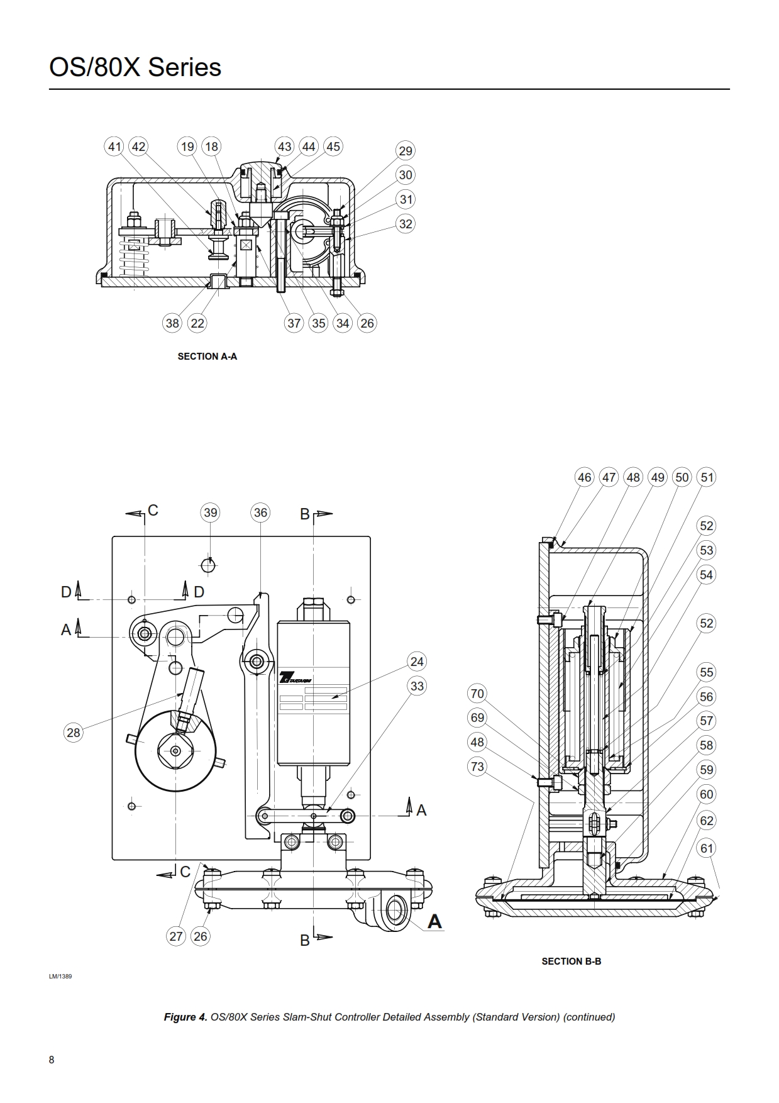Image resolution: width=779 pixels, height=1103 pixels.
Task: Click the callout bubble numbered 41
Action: [114, 147]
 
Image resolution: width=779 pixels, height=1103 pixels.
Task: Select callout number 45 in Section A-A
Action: [333, 147]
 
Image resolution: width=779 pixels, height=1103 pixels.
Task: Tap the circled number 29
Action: [406, 151]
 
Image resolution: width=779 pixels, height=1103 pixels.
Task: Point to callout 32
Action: [406, 224]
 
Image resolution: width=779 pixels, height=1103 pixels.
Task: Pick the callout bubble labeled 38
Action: [172, 323]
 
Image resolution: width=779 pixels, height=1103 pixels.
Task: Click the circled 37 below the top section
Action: [294, 323]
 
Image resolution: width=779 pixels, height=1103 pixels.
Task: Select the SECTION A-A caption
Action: [207, 357]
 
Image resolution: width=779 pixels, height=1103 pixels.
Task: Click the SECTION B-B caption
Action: [572, 962]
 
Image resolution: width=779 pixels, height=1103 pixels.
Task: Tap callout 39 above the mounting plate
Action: [210, 513]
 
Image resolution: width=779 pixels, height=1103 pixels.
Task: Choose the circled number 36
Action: [260, 513]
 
